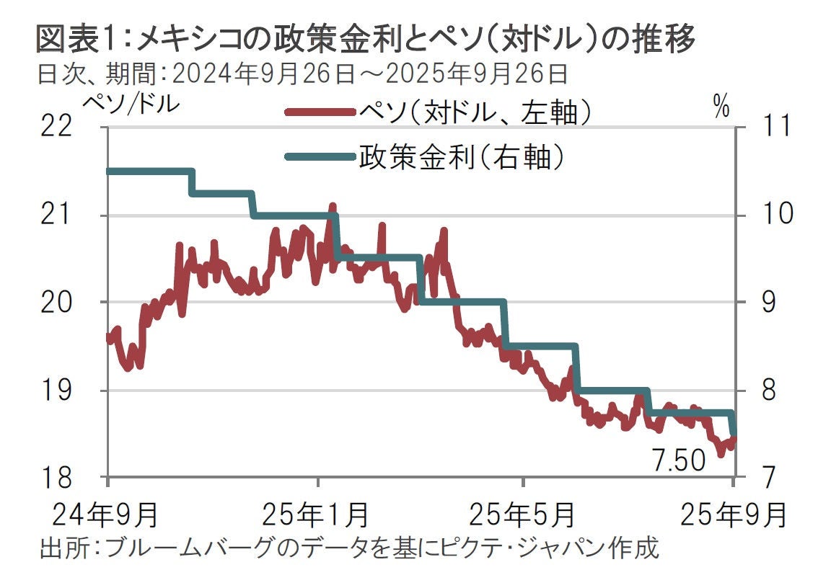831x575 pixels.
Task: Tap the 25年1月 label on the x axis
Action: pos(316,514)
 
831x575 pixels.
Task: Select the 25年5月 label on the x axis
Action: pos(522,514)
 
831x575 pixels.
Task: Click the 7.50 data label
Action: pos(678,460)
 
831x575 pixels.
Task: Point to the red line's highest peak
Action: pos(333,205)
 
